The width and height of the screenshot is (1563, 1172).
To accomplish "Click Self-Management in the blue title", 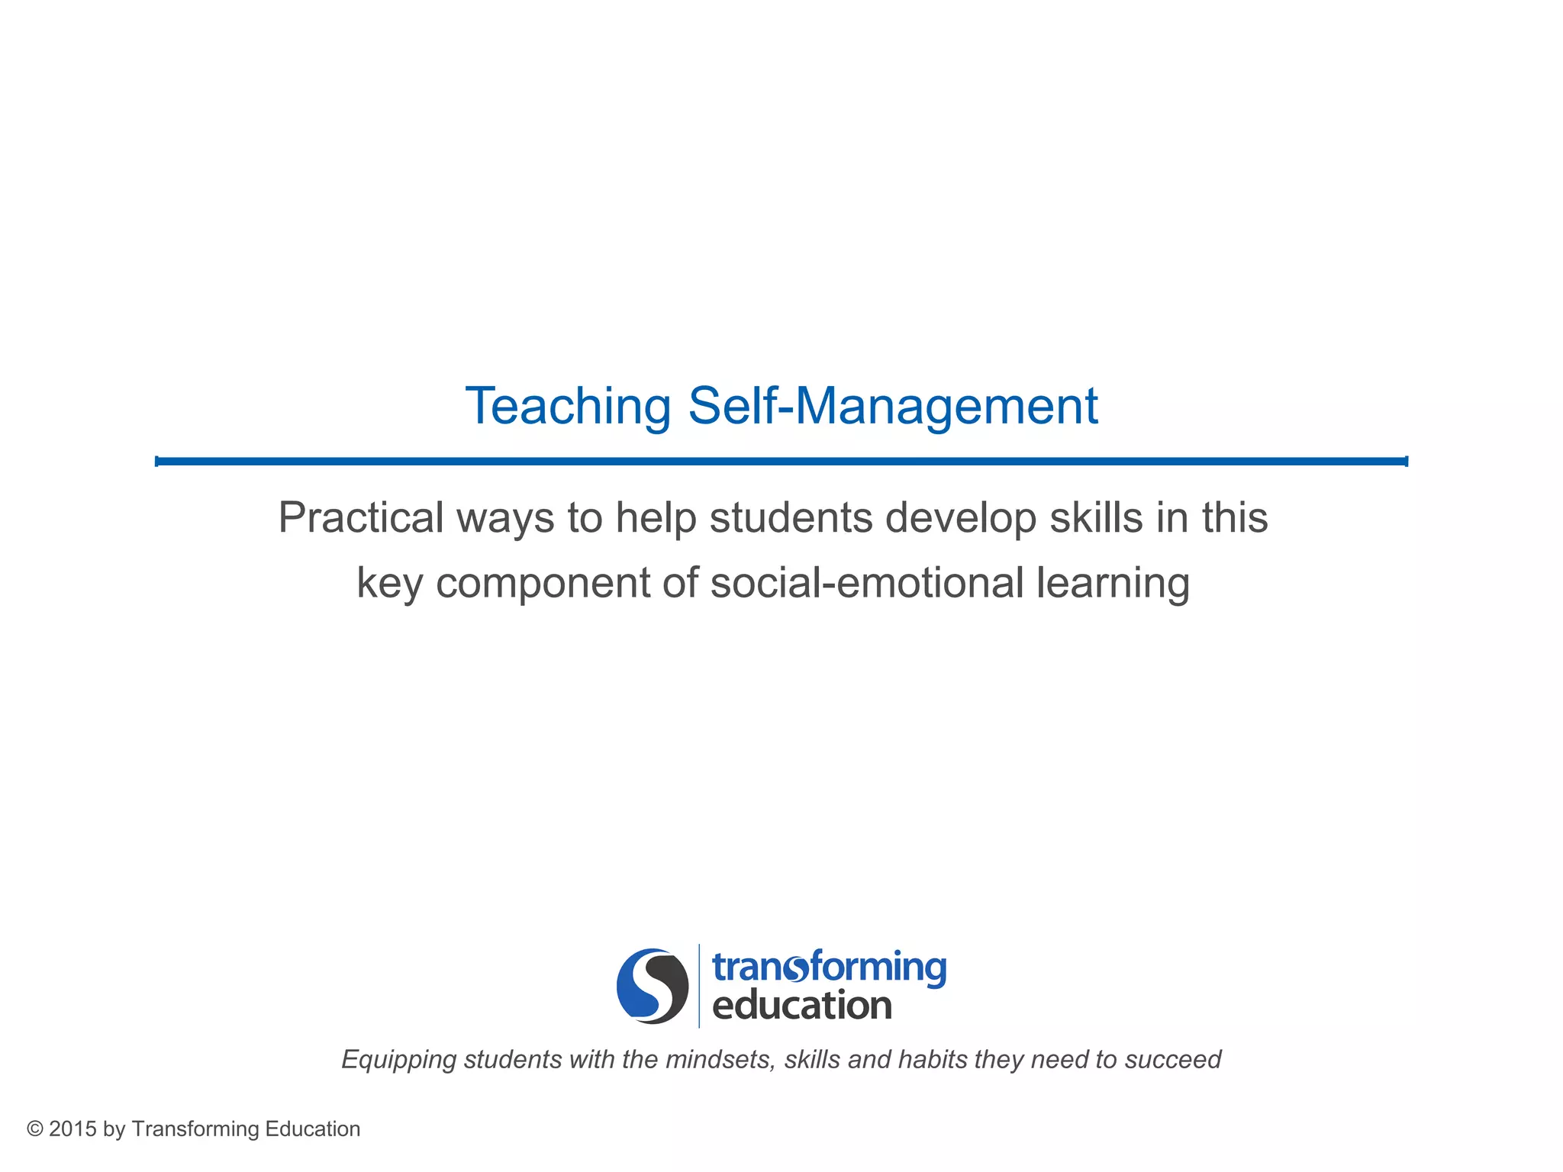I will tap(893, 407).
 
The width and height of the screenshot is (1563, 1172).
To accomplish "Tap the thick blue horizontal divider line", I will tap(781, 461).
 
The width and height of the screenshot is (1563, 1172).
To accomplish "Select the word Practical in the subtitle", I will tap(360, 518).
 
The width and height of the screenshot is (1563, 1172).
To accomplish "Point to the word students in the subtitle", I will tap(791, 518).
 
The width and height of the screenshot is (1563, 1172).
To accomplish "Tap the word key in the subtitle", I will tap(389, 584).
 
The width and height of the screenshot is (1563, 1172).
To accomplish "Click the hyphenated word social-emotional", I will tap(866, 583).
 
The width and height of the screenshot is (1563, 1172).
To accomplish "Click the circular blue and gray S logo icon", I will tap(653, 986).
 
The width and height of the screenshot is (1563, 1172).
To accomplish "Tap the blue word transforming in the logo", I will tap(829, 968).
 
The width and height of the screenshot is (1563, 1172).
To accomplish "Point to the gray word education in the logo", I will tap(801, 1006).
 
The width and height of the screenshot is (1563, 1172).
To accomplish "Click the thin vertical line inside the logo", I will tap(699, 986).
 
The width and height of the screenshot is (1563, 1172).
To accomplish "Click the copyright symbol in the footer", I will tap(34, 1129).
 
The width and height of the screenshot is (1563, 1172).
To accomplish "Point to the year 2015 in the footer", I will tap(73, 1129).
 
